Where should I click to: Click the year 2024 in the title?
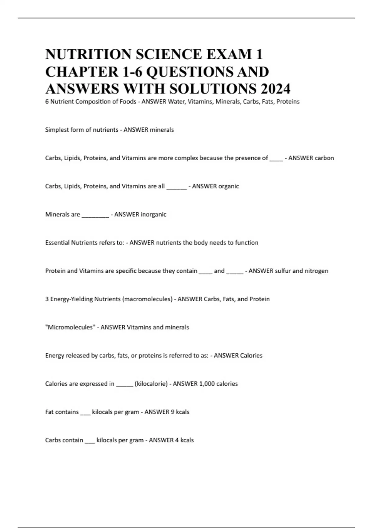tap(275, 89)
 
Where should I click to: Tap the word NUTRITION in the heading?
tap(88, 54)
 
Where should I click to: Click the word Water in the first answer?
tap(176, 102)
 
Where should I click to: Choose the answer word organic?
tap(228, 186)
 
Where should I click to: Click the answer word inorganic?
tap(153, 214)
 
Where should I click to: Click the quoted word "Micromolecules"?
tap(70, 327)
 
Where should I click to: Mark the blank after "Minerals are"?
tap(95, 216)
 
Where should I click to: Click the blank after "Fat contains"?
tap(85, 413)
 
